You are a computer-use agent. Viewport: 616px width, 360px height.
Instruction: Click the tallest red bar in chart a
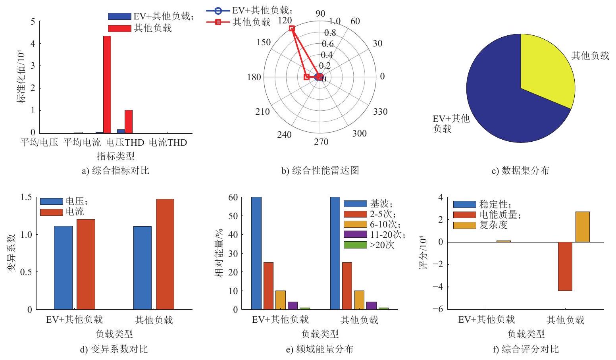click(107, 85)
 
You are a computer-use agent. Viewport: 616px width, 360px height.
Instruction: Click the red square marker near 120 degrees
click(292, 28)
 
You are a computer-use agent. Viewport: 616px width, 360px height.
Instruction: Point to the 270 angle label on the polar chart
click(321, 142)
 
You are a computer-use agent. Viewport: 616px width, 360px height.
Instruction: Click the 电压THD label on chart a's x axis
click(125, 142)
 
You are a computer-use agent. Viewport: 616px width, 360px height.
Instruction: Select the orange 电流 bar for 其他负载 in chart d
click(165, 254)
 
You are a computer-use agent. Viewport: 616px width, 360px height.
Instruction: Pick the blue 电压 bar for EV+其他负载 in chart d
click(63, 268)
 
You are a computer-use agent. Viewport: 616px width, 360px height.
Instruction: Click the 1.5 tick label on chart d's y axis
click(26, 197)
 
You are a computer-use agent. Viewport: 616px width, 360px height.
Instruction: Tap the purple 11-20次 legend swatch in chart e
click(355, 234)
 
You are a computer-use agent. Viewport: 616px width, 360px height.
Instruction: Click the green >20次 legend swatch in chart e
click(355, 245)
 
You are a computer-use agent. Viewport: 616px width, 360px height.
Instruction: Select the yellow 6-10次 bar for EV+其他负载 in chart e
click(281, 300)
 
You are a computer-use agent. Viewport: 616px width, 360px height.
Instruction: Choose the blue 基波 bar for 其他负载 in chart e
click(335, 253)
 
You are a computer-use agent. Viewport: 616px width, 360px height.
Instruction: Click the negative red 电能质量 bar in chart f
click(565, 266)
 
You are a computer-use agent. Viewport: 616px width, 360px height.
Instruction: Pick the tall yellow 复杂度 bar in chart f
click(582, 227)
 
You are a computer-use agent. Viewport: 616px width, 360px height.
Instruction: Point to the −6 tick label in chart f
click(438, 309)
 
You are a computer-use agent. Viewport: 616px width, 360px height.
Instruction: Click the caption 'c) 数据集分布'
click(520, 171)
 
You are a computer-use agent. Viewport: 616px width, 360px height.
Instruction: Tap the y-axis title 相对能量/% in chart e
click(219, 253)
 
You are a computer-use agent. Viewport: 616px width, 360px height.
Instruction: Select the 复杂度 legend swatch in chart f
click(465, 225)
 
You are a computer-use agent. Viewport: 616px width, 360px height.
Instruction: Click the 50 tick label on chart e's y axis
click(233, 216)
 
